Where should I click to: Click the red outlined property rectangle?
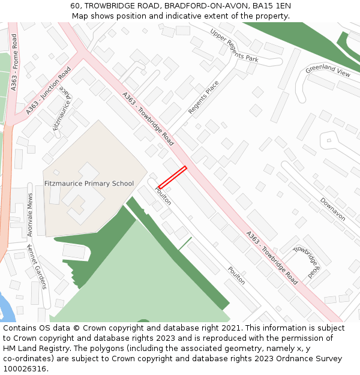[172, 178]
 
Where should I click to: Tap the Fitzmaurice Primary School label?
[89, 184]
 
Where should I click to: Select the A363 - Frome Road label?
[14, 71]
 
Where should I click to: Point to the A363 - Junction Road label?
[49, 91]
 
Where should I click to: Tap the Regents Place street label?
[203, 97]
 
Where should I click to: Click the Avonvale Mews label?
[30, 212]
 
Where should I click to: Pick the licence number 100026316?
[25, 368]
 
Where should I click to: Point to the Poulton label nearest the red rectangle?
[163, 196]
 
